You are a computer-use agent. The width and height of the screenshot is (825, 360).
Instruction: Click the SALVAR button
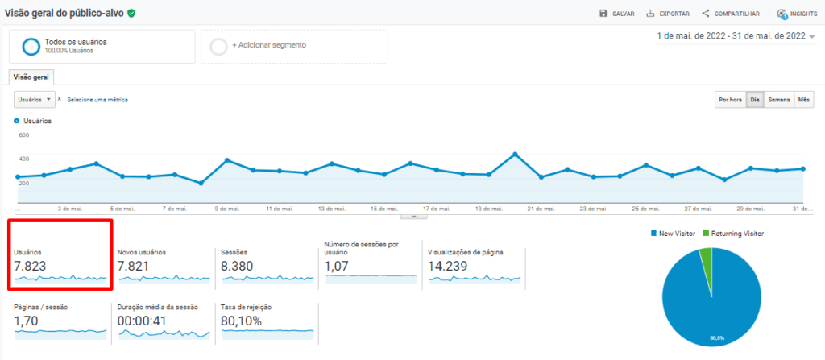(x=617, y=14)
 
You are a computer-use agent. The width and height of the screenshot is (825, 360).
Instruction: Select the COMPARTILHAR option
(x=731, y=14)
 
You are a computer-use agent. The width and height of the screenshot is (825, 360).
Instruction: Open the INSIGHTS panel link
(x=797, y=14)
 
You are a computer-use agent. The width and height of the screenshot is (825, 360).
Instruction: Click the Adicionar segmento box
(x=294, y=46)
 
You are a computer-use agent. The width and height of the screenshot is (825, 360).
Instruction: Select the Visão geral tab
(x=31, y=77)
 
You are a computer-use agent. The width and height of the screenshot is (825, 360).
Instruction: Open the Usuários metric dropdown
(x=35, y=99)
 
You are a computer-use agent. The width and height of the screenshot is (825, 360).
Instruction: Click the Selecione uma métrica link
(x=97, y=100)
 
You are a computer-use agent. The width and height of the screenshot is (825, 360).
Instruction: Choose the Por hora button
(x=730, y=100)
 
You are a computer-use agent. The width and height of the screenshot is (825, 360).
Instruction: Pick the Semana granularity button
(x=778, y=100)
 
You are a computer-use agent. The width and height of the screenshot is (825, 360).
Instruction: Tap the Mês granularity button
(x=804, y=100)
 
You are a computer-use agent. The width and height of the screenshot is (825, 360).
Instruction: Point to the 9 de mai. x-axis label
(x=228, y=209)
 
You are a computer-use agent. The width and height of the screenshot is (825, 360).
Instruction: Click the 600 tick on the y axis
(x=23, y=135)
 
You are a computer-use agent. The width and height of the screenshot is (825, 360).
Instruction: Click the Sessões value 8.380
(x=239, y=265)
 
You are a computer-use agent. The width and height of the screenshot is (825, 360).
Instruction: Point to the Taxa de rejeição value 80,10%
(x=242, y=321)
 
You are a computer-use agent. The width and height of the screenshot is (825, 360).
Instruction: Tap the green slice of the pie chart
(x=707, y=259)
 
